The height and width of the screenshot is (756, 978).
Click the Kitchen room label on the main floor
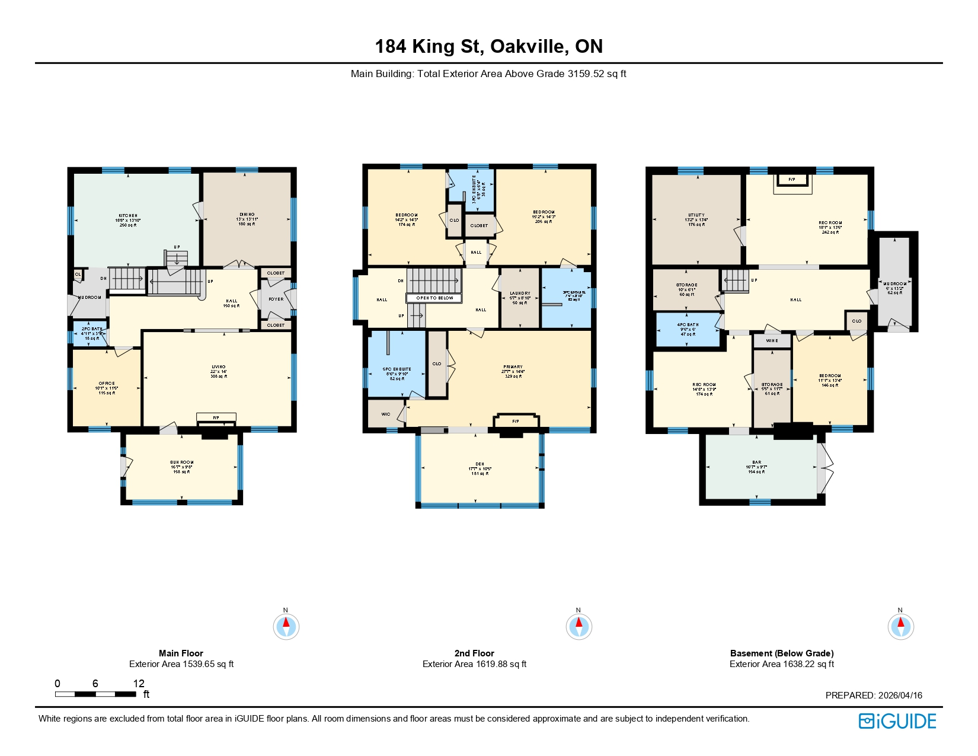(x=128, y=216)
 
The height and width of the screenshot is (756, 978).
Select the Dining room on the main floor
(x=247, y=215)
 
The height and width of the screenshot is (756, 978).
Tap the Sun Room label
(x=182, y=462)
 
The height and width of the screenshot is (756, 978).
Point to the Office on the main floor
(x=107, y=384)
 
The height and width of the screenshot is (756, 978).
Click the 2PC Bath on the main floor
(x=92, y=329)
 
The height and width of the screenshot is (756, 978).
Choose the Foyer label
(x=276, y=299)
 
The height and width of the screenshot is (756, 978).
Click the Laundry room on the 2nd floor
(x=520, y=294)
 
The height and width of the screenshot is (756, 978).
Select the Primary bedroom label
(x=513, y=367)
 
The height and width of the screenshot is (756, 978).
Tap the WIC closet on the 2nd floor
(x=386, y=414)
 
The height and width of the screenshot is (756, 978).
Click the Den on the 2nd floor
(x=480, y=464)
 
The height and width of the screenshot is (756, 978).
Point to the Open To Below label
(x=434, y=298)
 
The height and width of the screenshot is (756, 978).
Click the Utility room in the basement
(x=696, y=215)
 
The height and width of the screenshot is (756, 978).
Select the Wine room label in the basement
(x=772, y=341)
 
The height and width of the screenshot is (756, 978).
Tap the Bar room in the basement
(x=757, y=462)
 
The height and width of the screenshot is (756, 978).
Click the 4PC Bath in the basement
(x=688, y=325)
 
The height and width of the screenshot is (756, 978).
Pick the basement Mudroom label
(x=894, y=284)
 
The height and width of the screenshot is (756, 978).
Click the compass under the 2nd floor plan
(x=579, y=626)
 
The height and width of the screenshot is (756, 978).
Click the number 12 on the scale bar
(x=139, y=684)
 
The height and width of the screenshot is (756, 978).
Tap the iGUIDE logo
(x=897, y=721)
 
